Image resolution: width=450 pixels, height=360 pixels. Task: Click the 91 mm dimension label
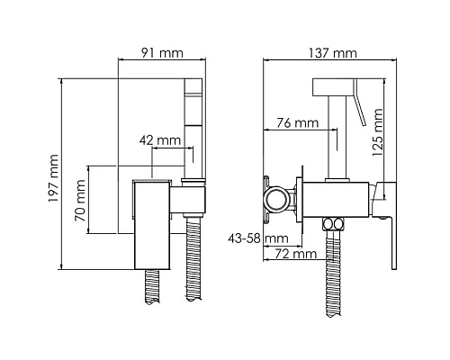[x=162, y=53]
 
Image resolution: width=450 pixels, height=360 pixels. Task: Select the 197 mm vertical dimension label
[x=54, y=178]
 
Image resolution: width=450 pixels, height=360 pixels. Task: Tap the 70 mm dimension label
[x=80, y=201]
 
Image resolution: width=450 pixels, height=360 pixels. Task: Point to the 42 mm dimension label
[x=160, y=140]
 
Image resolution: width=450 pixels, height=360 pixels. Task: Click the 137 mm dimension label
[x=333, y=53]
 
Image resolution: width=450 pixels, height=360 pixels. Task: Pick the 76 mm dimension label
[x=297, y=122]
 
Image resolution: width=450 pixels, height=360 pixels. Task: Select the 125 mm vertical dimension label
[x=377, y=132]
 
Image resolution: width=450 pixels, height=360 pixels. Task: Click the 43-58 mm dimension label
[x=258, y=238]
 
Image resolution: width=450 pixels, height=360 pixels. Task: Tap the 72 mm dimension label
[x=296, y=254]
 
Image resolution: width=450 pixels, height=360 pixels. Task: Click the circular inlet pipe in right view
[x=276, y=198]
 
